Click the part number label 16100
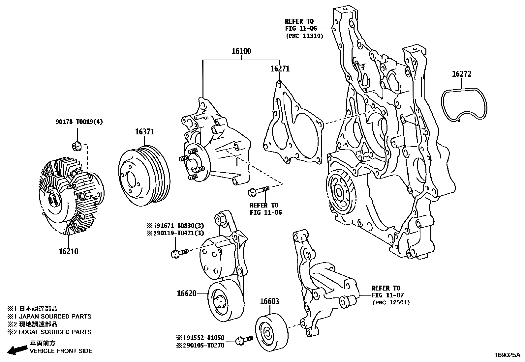pyautogui.click(x=241, y=51)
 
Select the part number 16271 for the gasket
pyautogui.click(x=280, y=69)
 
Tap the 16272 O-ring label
pyautogui.click(x=461, y=74)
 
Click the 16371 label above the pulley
pyautogui.click(x=144, y=132)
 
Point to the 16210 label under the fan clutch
pyautogui.click(x=69, y=252)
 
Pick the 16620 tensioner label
pyautogui.click(x=187, y=293)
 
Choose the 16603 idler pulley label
pyautogui.click(x=269, y=301)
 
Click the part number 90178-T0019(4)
pyautogui.click(x=79, y=122)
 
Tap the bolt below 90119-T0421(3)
pyautogui.click(x=179, y=253)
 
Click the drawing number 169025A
pyautogui.click(x=507, y=355)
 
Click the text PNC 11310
pyautogui.click(x=304, y=36)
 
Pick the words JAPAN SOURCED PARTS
pyautogui.click(x=60, y=317)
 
